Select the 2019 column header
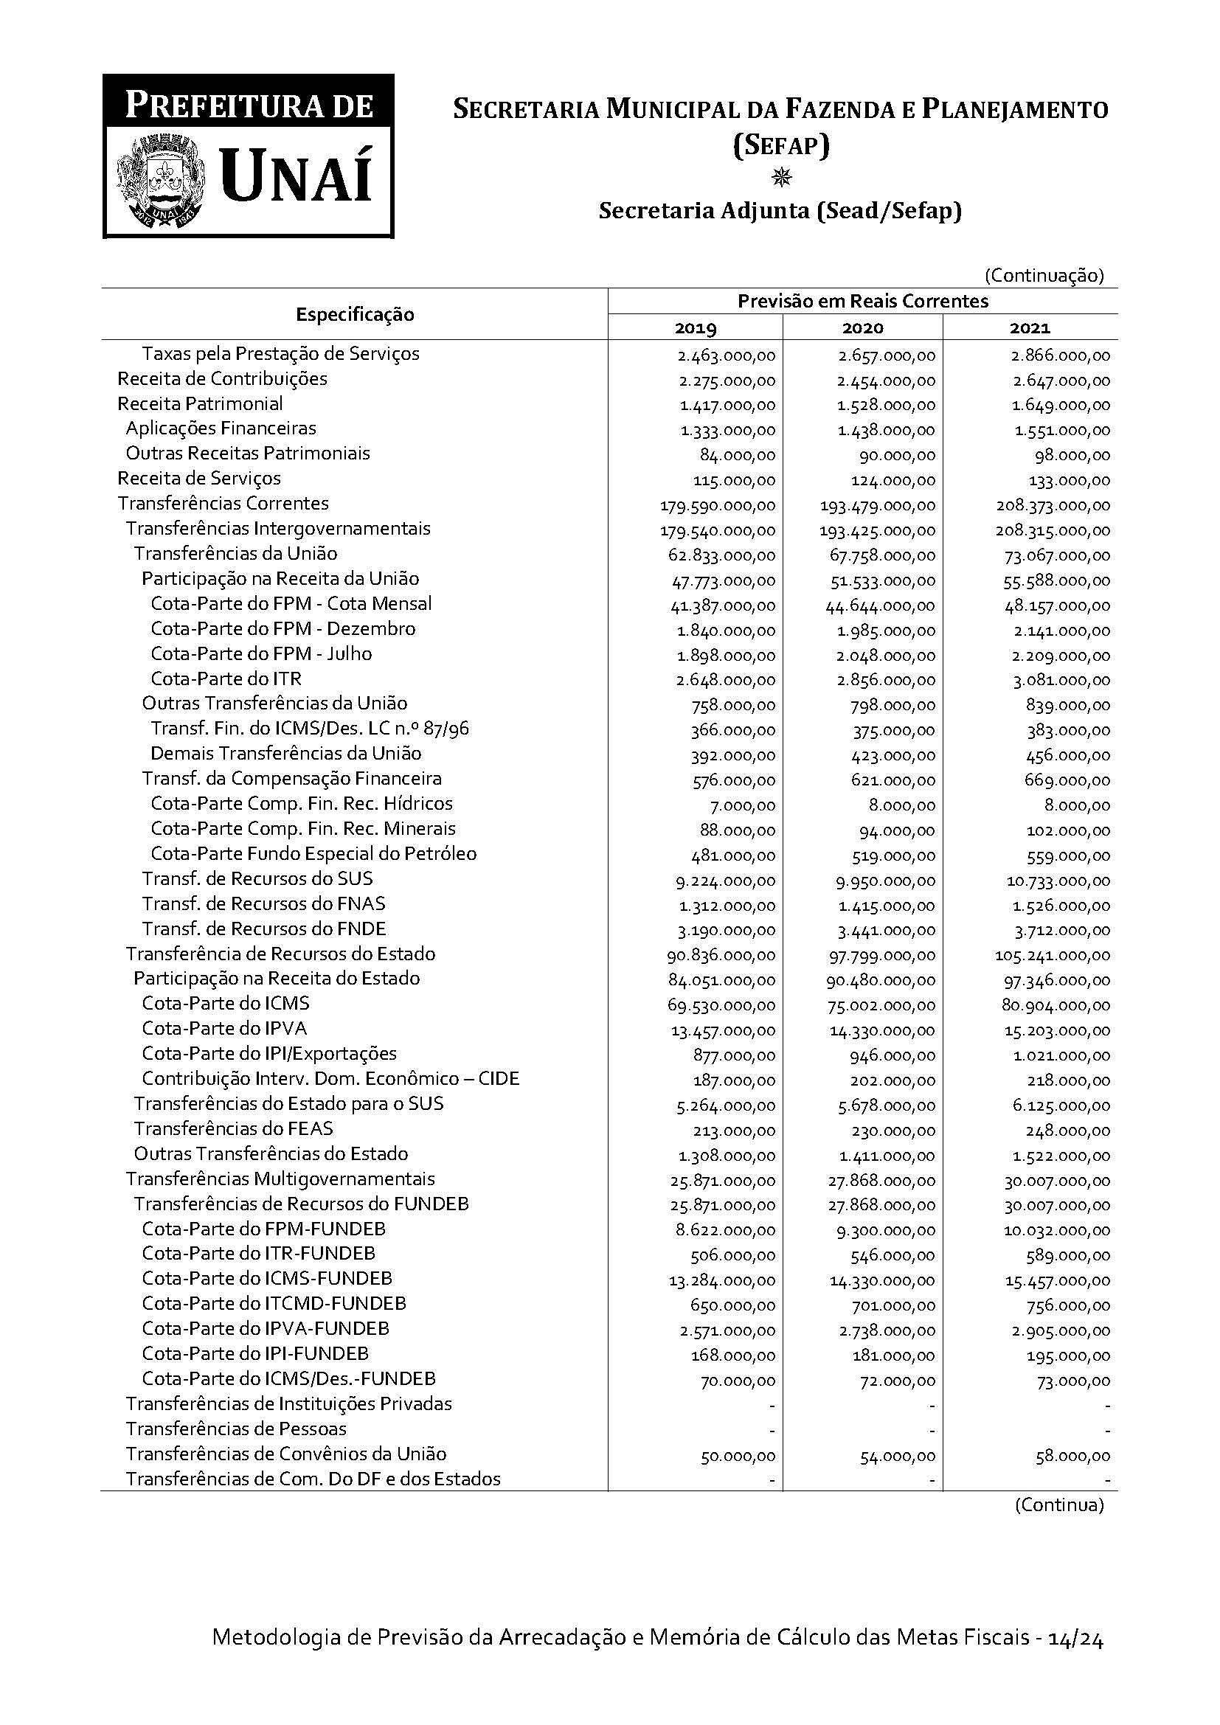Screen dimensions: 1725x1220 tap(696, 328)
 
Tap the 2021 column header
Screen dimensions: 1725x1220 tap(1030, 328)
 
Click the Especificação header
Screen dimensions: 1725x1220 tap(355, 315)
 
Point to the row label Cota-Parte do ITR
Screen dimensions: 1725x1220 tap(226, 679)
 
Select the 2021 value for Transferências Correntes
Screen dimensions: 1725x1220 tap(1053, 506)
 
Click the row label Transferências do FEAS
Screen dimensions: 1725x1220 tap(234, 1129)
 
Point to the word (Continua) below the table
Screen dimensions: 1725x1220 tap(1059, 1506)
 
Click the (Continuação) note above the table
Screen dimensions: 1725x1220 tap(1044, 276)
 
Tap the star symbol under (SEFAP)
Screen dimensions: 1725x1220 tap(781, 178)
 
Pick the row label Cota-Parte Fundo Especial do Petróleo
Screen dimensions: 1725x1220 tap(313, 854)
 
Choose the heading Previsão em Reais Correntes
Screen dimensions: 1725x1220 tap(862, 302)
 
